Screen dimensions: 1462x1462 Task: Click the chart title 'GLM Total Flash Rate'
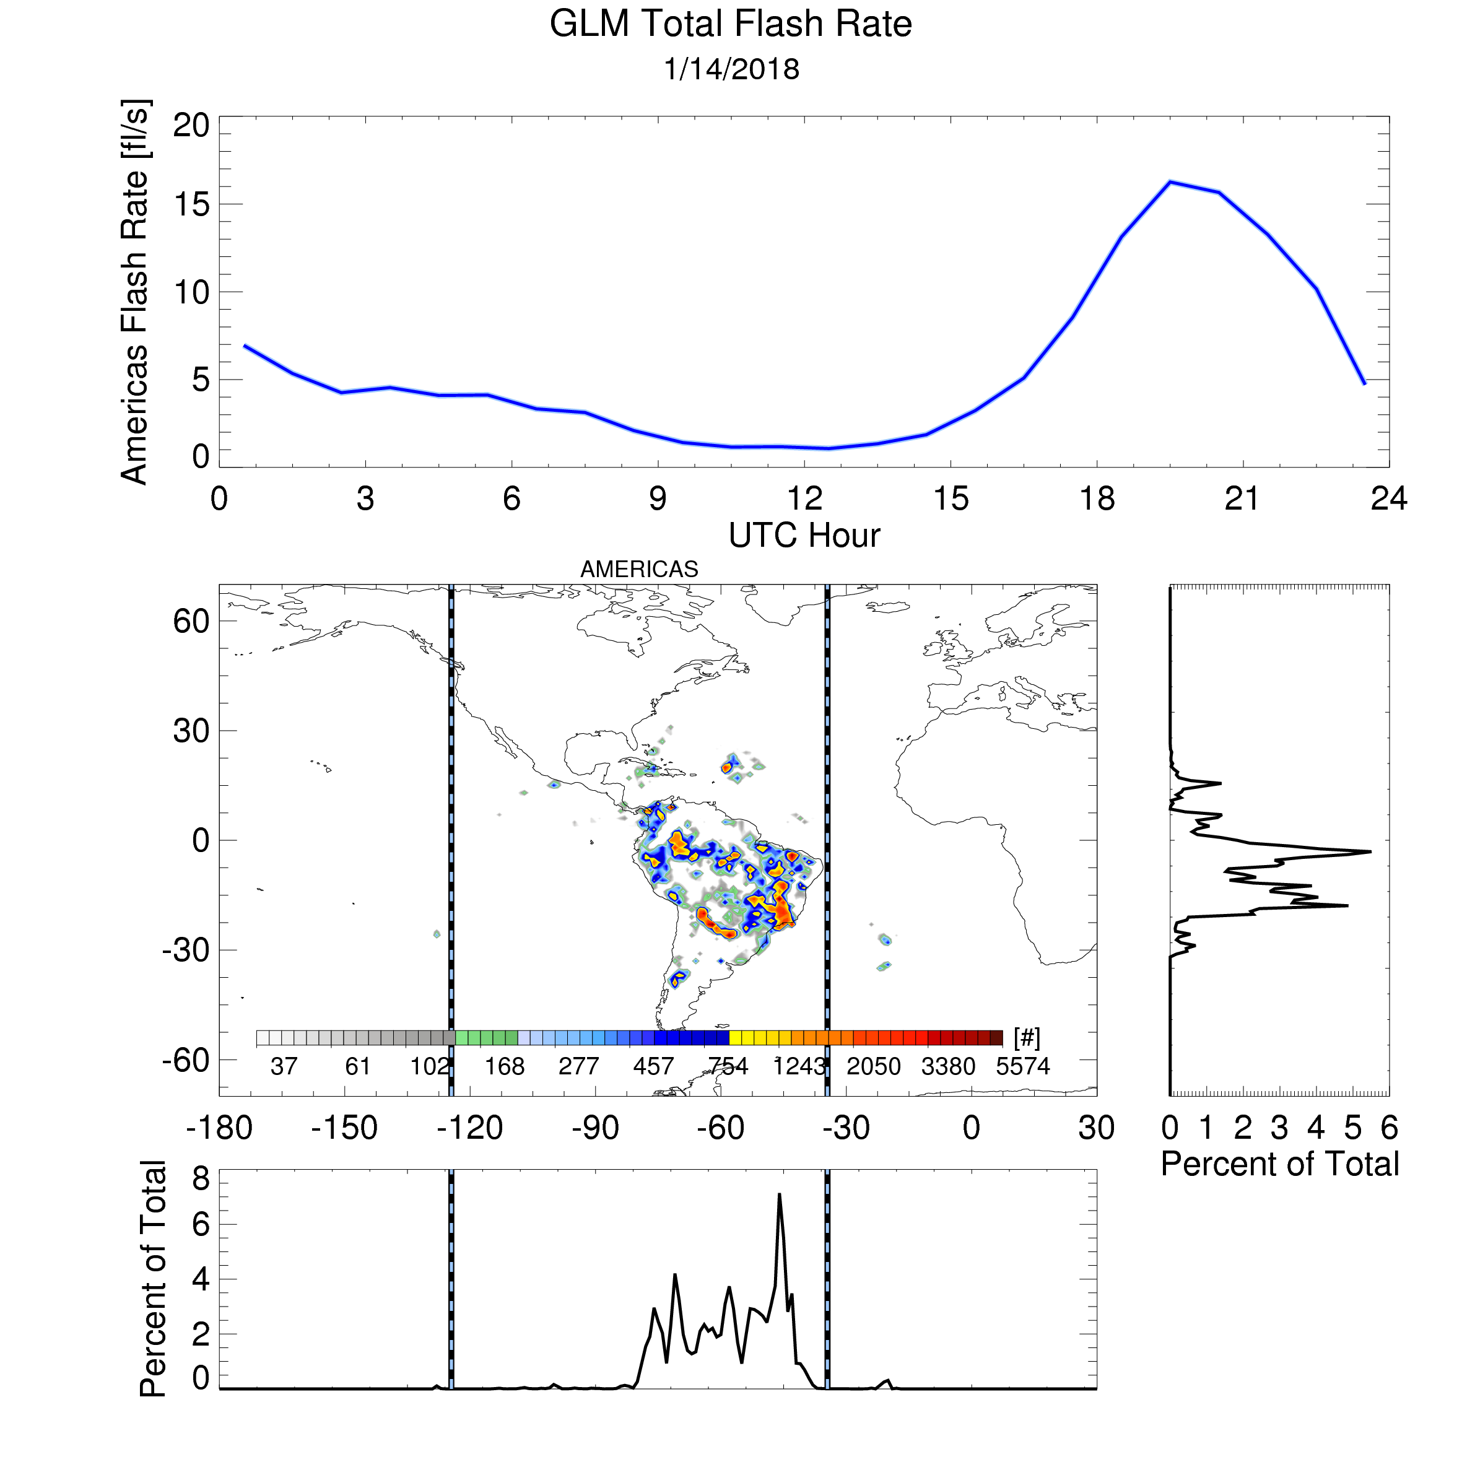tap(730, 24)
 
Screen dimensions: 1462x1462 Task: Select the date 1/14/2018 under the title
tap(731, 69)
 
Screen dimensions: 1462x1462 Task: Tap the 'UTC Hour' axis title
tap(804, 536)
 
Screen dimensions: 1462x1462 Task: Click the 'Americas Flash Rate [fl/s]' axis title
tap(136, 291)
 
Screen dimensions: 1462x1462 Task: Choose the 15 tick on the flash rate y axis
tap(191, 204)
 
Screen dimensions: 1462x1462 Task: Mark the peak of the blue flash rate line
tap(1170, 181)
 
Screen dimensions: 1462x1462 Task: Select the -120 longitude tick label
tap(470, 1128)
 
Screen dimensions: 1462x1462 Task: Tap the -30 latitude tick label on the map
tap(186, 950)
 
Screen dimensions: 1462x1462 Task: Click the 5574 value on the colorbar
tap(1023, 1067)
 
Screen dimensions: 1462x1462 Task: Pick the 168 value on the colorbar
tap(505, 1067)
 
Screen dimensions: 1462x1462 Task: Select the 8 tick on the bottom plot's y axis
tap(201, 1179)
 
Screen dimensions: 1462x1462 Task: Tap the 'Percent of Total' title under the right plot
tap(1279, 1164)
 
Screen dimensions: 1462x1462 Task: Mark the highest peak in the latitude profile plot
tap(1370, 852)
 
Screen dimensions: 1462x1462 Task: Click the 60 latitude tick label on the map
tap(191, 621)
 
